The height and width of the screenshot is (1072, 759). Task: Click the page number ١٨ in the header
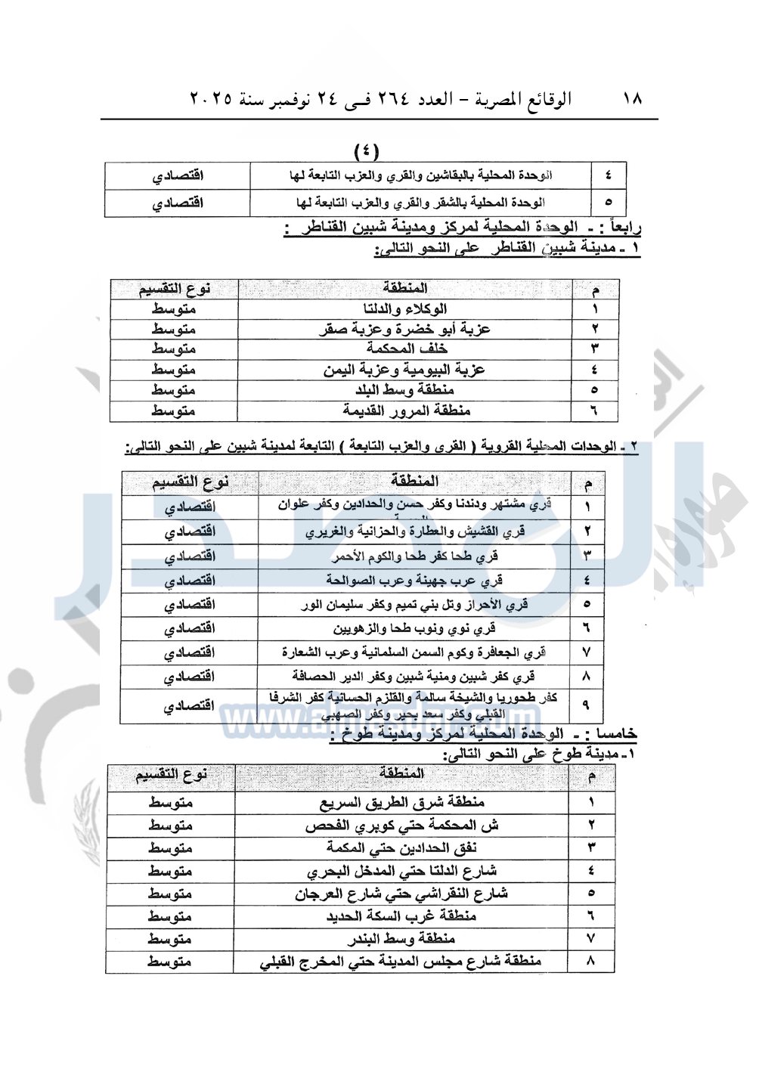(632, 99)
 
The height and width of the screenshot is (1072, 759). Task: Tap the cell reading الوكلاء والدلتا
(405, 308)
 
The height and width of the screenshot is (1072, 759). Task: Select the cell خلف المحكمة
(407, 349)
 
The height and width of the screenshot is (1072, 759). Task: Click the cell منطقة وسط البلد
(405, 390)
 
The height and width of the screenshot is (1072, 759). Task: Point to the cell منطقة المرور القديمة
(406, 411)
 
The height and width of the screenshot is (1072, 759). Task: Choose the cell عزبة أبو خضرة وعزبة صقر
(404, 329)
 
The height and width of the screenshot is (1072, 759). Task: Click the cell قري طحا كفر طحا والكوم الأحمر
(414, 556)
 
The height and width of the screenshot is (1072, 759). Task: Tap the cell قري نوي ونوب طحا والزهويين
(414, 628)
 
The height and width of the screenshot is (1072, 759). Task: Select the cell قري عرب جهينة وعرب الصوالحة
(414, 580)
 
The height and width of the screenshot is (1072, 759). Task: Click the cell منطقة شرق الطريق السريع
(402, 802)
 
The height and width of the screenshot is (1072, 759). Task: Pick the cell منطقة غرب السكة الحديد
(401, 916)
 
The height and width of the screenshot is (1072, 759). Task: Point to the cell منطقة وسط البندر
(401, 939)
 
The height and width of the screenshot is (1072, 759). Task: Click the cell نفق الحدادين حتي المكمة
(401, 847)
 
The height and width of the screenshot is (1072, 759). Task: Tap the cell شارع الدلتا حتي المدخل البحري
(401, 871)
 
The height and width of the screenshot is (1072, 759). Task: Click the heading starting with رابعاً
(463, 228)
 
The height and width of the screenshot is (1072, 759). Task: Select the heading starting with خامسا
(484, 734)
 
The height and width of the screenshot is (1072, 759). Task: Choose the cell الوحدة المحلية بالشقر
(420, 203)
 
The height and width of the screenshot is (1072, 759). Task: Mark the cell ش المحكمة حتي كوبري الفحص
(401, 825)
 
